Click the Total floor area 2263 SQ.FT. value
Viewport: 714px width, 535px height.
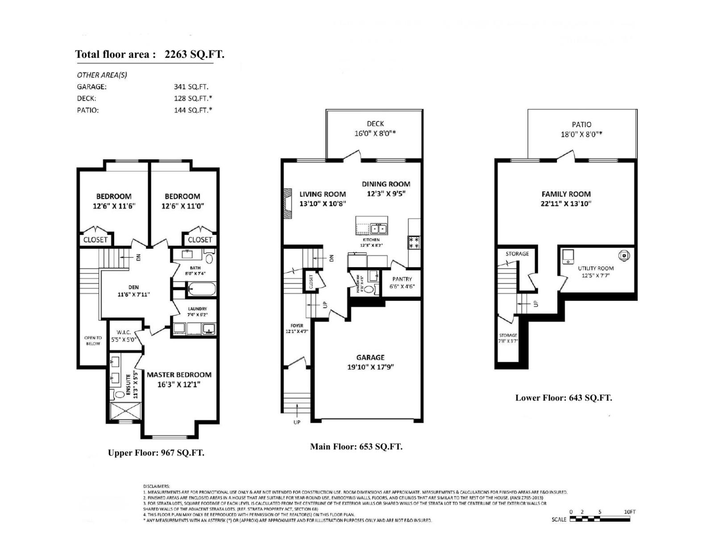194,54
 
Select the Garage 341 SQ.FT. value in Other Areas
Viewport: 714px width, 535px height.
191,87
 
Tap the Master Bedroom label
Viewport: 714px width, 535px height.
179,379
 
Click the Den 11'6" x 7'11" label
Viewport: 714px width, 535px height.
133,291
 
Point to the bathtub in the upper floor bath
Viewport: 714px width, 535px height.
201,289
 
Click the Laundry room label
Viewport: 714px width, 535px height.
197,311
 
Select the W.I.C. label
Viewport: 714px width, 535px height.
124,336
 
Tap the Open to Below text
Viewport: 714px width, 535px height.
93,341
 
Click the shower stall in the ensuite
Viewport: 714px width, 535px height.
125,411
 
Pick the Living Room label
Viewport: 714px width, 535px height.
323,198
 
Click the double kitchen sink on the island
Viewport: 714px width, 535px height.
378,229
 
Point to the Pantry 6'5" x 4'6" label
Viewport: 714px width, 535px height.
402,283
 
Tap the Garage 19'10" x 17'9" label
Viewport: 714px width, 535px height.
370,362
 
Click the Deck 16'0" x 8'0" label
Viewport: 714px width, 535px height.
375,128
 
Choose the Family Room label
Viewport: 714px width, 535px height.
566,198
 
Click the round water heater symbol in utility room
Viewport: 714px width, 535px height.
623,255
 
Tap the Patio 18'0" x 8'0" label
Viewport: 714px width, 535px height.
581,129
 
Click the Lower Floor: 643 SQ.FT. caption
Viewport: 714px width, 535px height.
564,398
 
